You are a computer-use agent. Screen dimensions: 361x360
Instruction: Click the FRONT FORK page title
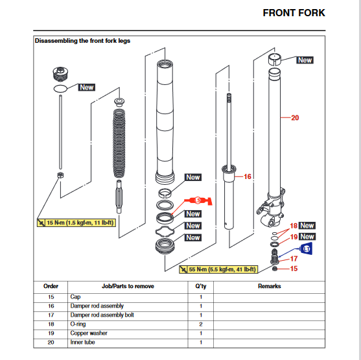pyautogui.click(x=294, y=13)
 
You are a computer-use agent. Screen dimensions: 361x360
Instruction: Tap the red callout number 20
pyautogui.click(x=295, y=118)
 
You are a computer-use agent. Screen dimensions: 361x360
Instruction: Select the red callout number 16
pyautogui.click(x=248, y=176)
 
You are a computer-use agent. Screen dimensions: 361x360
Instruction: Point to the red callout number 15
pyautogui.click(x=294, y=269)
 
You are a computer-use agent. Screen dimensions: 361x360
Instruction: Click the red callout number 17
pyautogui.click(x=294, y=259)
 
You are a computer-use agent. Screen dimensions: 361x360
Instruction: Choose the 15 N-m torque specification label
pyautogui.click(x=76, y=222)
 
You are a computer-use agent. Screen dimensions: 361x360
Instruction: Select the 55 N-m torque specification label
pyautogui.click(x=218, y=269)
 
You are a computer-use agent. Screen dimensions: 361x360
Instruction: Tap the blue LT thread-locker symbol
pyautogui.click(x=306, y=248)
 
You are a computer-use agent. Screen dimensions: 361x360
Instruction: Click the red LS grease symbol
pyautogui.click(x=198, y=200)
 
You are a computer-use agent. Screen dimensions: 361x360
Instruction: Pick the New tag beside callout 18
pyautogui.click(x=307, y=225)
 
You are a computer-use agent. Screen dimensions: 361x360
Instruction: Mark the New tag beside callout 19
pyautogui.click(x=307, y=237)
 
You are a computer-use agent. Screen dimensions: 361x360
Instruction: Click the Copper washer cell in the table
pyautogui.click(x=89, y=333)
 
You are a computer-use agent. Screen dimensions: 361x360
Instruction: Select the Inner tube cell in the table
pyautogui.click(x=82, y=342)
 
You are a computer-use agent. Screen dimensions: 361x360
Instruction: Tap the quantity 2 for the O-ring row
pyautogui.click(x=201, y=324)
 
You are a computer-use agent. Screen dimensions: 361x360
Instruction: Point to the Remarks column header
pyautogui.click(x=269, y=286)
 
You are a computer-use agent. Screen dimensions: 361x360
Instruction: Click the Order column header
pyautogui.click(x=51, y=286)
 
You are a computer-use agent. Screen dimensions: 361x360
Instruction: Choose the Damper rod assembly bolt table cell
pyautogui.click(x=102, y=315)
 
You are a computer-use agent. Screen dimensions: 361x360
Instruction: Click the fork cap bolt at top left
pyautogui.click(x=60, y=74)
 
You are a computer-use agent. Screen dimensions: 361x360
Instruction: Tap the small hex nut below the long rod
pyautogui.click(x=60, y=175)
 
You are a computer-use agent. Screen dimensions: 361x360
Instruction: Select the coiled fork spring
pyautogui.click(x=119, y=143)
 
